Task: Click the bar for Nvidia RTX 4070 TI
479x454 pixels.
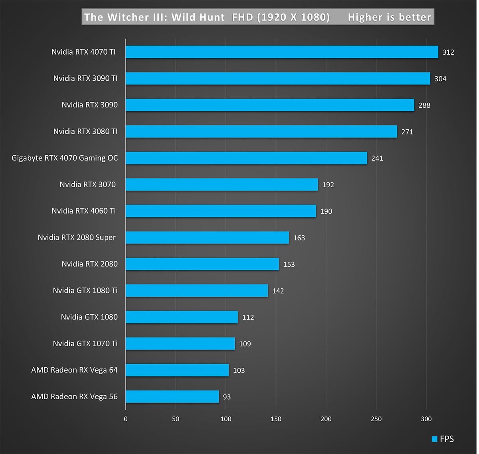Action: (282, 52)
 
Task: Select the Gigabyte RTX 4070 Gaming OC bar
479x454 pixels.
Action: (246, 158)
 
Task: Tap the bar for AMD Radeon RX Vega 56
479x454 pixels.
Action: (172, 397)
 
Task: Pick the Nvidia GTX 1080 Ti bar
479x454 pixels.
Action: (197, 291)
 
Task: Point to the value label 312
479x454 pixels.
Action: (448, 52)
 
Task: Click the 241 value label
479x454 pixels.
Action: (377, 159)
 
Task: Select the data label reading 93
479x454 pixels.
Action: (227, 397)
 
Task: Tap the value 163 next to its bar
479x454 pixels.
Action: (299, 238)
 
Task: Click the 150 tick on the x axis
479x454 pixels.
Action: (276, 419)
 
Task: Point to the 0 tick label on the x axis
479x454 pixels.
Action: (126, 419)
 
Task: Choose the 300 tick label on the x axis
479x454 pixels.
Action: (426, 419)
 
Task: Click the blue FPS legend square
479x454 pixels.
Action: (434, 439)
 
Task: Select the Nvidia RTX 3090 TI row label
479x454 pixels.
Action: (85, 78)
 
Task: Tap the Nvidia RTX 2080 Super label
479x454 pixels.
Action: (77, 238)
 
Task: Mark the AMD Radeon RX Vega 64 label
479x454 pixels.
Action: (74, 370)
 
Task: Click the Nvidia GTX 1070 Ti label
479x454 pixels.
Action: (85, 343)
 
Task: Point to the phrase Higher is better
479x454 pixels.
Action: (389, 17)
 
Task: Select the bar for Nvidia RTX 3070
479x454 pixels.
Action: (222, 184)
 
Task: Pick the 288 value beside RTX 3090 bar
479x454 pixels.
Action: (424, 105)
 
